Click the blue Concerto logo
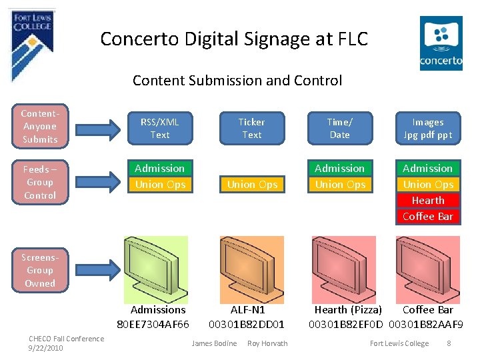[x=441, y=44]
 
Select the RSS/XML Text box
[x=160, y=128]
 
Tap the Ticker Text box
[x=252, y=128]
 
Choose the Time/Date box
[x=340, y=128]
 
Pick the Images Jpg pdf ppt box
[x=428, y=128]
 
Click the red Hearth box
[x=428, y=200]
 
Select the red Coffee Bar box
[x=428, y=216]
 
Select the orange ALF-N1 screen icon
[x=251, y=267]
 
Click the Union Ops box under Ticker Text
[x=252, y=184]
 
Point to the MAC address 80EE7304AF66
[x=153, y=324]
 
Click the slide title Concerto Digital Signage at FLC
[x=234, y=39]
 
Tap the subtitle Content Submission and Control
[x=237, y=81]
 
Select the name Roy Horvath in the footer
[x=267, y=343]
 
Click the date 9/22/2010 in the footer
[x=46, y=348]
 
